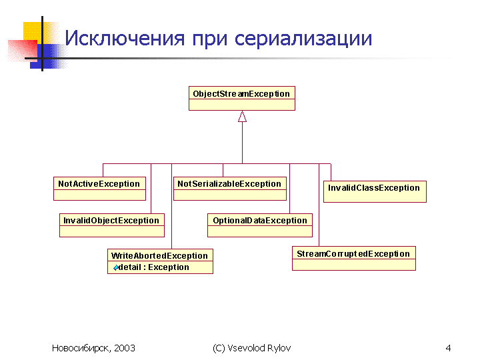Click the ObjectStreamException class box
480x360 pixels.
coord(242,98)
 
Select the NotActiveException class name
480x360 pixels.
coord(99,184)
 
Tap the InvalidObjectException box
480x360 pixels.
coord(112,225)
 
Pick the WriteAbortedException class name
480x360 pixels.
coord(159,255)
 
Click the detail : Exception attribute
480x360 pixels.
coord(153,267)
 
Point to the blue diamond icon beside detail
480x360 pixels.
coord(116,268)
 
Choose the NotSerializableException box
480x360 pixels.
coord(230,189)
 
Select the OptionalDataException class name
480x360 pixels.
coord(260,221)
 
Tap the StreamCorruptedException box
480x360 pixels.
coord(354,259)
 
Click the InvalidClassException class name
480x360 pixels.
coord(374,187)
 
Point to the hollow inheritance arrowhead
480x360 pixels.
coord(242,116)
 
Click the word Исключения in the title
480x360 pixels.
coord(125,39)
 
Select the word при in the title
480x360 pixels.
coord(210,40)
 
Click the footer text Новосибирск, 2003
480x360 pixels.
coord(93,348)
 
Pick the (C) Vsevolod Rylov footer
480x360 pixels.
coord(251,348)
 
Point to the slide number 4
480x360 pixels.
coord(448,348)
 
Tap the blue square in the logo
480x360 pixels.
coord(49,56)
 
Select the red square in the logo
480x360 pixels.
coord(23,51)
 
